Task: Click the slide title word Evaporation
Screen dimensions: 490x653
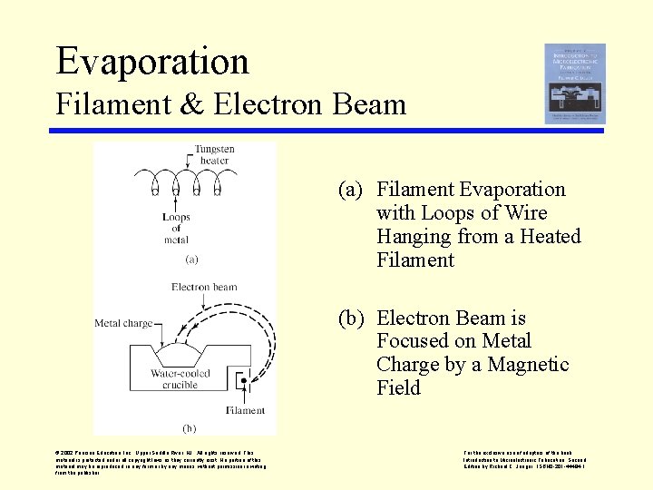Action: pyautogui.click(x=152, y=61)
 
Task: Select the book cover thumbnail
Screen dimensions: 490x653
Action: pyautogui.click(x=575, y=83)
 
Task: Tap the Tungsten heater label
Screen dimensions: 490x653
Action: pyautogui.click(x=214, y=154)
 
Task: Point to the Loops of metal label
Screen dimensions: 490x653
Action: pyautogui.click(x=176, y=228)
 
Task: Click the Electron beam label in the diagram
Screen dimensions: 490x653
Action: pyautogui.click(x=205, y=288)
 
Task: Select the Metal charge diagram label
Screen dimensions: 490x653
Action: pyautogui.click(x=123, y=323)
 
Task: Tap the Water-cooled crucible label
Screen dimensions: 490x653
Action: pyautogui.click(x=180, y=378)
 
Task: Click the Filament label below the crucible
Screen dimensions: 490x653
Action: pyautogui.click(x=245, y=410)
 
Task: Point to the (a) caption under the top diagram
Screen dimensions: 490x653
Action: pyautogui.click(x=191, y=259)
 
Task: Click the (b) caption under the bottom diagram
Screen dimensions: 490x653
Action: pyautogui.click(x=190, y=427)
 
